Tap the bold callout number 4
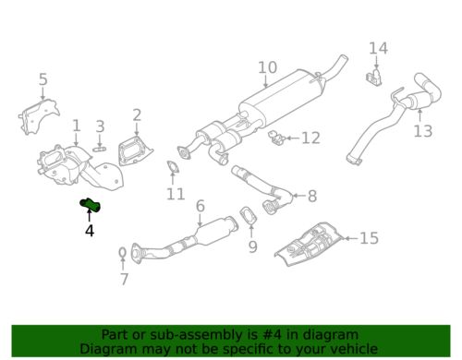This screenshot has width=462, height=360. pos(90,231)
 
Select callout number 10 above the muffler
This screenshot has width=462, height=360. pos(267,67)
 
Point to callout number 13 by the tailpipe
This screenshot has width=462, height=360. pos(423,131)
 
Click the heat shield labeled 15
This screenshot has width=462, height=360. pos(310,242)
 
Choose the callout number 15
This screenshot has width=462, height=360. pos(369,239)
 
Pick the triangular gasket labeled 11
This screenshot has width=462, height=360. pos(172,168)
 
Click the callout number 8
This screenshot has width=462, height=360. pos(311,196)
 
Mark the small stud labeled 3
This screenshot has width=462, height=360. pos(102,145)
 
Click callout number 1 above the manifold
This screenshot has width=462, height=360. pos(77,125)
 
